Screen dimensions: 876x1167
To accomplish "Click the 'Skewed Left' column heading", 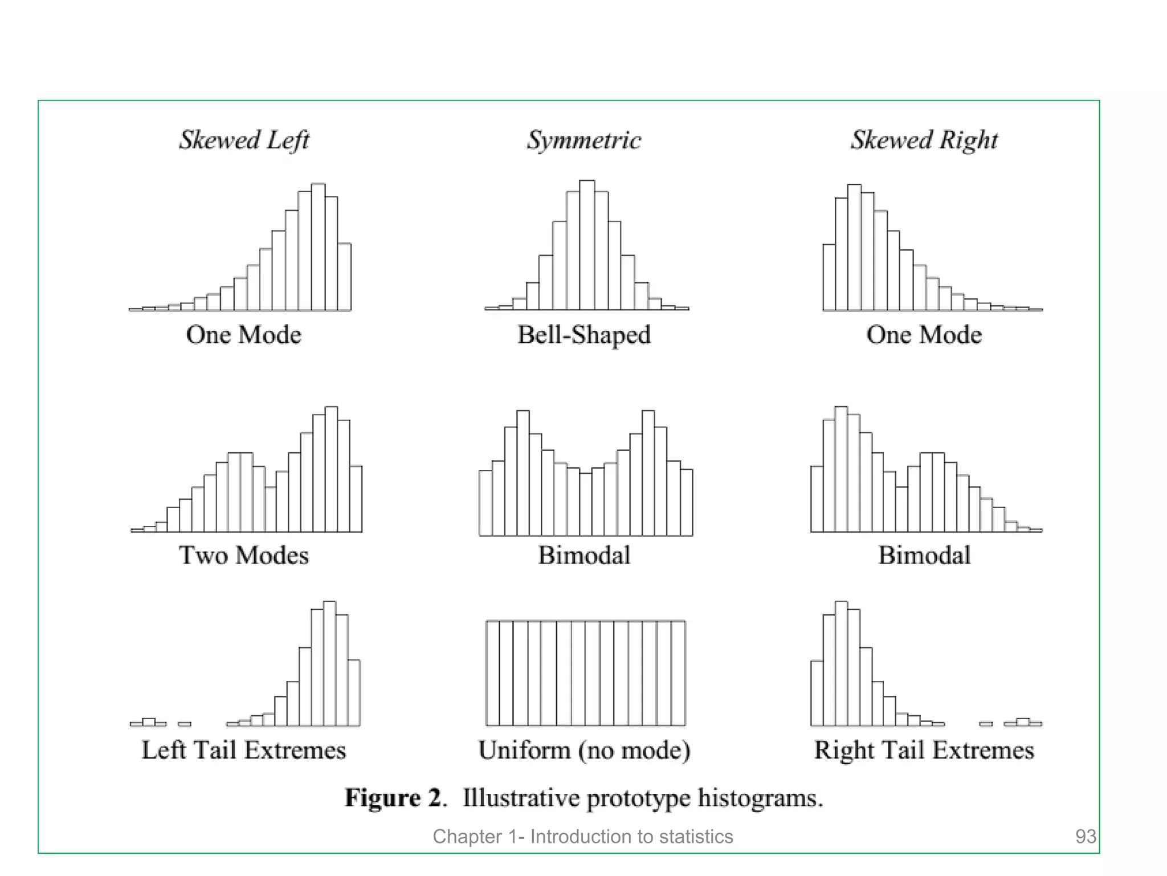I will pyautogui.click(x=244, y=140).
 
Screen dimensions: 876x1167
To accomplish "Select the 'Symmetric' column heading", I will pyautogui.click(x=583, y=140).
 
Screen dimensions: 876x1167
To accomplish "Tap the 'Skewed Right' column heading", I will pyautogui.click(x=924, y=140).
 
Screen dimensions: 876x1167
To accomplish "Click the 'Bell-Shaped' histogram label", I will pyautogui.click(x=583, y=335).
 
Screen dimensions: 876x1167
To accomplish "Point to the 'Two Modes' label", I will pyautogui.click(x=244, y=555).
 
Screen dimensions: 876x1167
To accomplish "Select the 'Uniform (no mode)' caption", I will pyautogui.click(x=583, y=750).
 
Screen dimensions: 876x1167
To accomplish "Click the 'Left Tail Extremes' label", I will pyautogui.click(x=244, y=750).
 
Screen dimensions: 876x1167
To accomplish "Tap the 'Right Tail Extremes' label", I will pyautogui.click(x=924, y=750).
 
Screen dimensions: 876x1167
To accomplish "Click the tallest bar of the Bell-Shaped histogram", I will pyautogui.click(x=587, y=245).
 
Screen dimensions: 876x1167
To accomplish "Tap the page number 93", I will pyautogui.click(x=1085, y=836).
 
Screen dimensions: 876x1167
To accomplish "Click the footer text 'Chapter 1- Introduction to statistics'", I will pyautogui.click(x=582, y=836).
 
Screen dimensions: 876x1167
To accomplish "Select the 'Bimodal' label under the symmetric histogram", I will pyautogui.click(x=583, y=555).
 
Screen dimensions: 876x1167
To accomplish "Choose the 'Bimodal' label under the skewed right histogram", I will pyautogui.click(x=924, y=555).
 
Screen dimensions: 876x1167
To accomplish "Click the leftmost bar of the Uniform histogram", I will pyautogui.click(x=493, y=673).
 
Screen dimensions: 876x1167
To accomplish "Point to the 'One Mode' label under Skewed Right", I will pyautogui.click(x=924, y=335).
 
